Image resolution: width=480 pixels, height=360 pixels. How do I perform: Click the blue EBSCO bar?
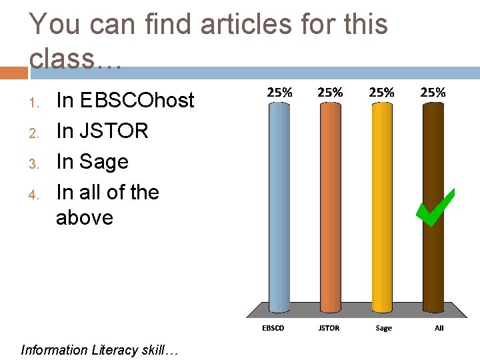pyautogui.click(x=279, y=207)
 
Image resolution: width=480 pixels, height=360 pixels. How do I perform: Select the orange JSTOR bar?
pyautogui.click(x=329, y=207)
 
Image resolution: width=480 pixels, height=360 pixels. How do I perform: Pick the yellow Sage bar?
pyautogui.click(x=381, y=207)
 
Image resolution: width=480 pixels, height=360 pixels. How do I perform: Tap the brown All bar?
pyautogui.click(x=433, y=207)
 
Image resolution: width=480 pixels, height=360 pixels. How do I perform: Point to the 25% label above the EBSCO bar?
pyautogui.click(x=279, y=93)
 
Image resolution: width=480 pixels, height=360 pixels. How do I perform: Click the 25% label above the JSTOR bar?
pyautogui.click(x=330, y=93)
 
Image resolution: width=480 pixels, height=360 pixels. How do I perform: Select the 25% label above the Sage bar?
pyautogui.click(x=381, y=93)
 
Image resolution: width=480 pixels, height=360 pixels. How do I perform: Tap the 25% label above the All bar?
pyautogui.click(x=433, y=93)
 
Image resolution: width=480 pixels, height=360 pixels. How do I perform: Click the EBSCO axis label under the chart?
pyautogui.click(x=273, y=328)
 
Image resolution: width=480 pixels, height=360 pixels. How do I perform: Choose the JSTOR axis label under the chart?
pyautogui.click(x=329, y=328)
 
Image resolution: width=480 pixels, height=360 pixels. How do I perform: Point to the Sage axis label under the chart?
pyautogui.click(x=384, y=328)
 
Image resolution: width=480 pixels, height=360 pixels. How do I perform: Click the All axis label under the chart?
pyautogui.click(x=439, y=328)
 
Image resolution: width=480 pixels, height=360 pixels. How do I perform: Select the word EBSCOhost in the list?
pyautogui.click(x=137, y=101)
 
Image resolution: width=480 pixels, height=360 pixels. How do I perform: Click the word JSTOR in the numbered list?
pyautogui.click(x=113, y=131)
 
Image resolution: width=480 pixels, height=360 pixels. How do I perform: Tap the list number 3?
pyautogui.click(x=35, y=163)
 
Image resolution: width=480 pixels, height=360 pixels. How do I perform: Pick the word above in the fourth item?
pyautogui.click(x=85, y=218)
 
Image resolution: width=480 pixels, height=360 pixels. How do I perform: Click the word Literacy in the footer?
pyautogui.click(x=115, y=350)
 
